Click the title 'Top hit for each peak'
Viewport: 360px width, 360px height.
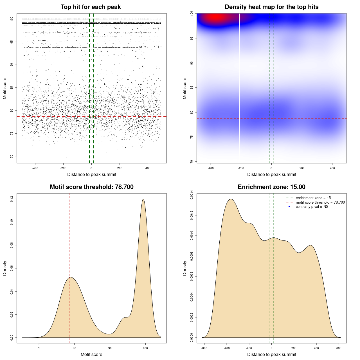[x=91, y=7]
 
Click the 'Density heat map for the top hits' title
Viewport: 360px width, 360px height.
[x=271, y=7]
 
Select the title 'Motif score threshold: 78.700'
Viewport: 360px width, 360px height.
[x=91, y=187]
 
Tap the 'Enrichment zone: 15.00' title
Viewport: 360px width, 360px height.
[x=271, y=187]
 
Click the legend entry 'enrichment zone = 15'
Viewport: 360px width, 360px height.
[x=313, y=198]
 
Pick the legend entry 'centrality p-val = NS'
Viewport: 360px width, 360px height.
[x=312, y=207]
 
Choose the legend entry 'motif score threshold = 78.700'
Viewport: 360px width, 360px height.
[x=320, y=202]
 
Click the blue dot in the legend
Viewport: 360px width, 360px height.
[x=289, y=207]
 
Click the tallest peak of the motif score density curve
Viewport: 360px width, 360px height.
[x=143, y=199]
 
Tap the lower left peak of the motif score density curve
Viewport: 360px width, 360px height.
[x=71, y=277]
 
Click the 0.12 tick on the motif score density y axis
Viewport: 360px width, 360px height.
[x=12, y=199]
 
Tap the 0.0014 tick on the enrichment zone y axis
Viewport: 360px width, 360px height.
[x=192, y=195]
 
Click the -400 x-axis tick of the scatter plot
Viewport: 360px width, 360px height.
[x=35, y=168]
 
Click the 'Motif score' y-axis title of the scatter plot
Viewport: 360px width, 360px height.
[x=5, y=88]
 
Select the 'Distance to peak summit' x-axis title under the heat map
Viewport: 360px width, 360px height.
[x=272, y=175]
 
